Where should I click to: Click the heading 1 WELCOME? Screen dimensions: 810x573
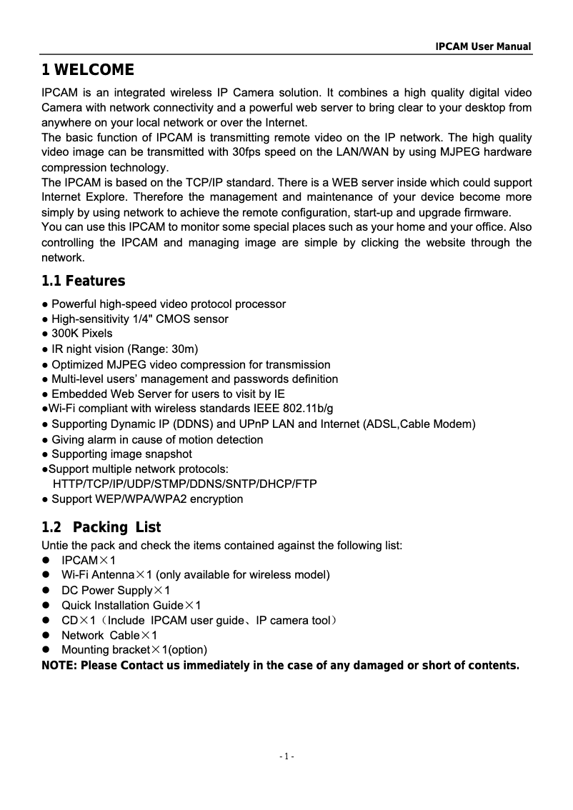pyautogui.click(x=87, y=70)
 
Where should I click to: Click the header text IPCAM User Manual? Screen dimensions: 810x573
pyautogui.click(x=484, y=46)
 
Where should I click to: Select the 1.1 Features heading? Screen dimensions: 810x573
pyautogui.click(x=83, y=281)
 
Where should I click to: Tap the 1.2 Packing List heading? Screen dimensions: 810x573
pyautogui.click(x=101, y=528)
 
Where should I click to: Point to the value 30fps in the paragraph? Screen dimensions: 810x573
pyautogui.click(x=250, y=152)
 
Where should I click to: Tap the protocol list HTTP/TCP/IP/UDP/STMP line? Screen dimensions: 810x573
pyautogui.click(x=185, y=484)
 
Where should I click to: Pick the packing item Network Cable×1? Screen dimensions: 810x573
pyautogui.click(x=109, y=635)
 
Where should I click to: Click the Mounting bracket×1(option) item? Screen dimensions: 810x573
pyautogui.click(x=134, y=650)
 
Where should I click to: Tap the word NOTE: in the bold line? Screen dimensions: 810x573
pyautogui.click(x=60, y=666)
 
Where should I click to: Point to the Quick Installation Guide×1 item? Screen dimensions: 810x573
pyautogui.click(x=131, y=606)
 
